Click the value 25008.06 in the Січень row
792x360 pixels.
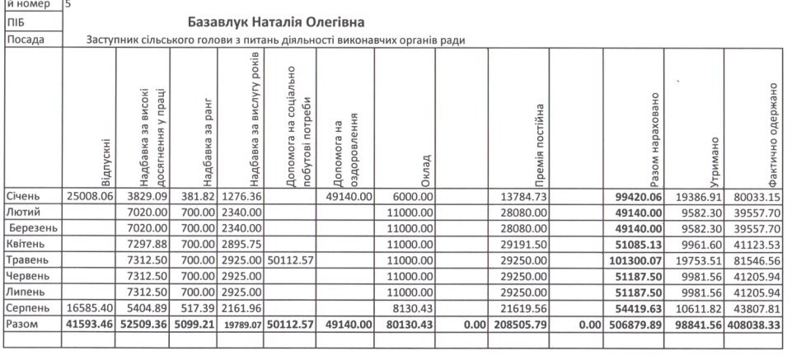click(x=89, y=198)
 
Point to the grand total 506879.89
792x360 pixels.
click(x=635, y=325)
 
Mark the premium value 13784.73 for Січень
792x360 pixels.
click(x=524, y=198)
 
